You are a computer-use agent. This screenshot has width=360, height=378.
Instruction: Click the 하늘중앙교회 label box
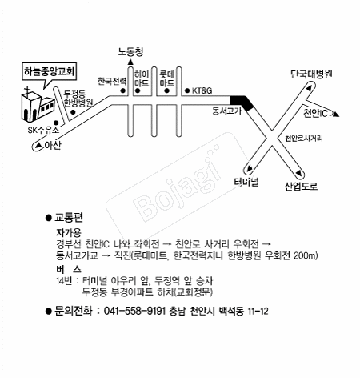pyautogui.click(x=50, y=71)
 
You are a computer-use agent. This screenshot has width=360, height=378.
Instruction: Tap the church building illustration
pyautogui.click(x=38, y=107)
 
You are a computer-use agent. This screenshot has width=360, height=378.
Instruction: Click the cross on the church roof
pyautogui.click(x=27, y=90)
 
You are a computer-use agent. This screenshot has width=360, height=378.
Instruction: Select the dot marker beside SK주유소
pyautogui.click(x=56, y=123)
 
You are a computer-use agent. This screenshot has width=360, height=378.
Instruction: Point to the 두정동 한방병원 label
pyautogui.click(x=78, y=99)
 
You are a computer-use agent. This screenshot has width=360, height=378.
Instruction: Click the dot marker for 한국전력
pyautogui.click(x=123, y=90)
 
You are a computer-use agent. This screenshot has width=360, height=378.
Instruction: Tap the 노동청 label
pyautogui.click(x=130, y=51)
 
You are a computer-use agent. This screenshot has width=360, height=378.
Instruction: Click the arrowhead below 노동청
pyautogui.click(x=130, y=62)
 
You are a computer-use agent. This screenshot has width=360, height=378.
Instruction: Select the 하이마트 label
pyautogui.click(x=142, y=78)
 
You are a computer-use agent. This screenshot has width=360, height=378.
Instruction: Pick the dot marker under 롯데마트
pyautogui.click(x=167, y=90)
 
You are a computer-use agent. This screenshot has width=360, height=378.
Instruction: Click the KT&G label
pyautogui.click(x=202, y=90)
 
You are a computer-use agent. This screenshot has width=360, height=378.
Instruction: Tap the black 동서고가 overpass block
pyautogui.click(x=242, y=103)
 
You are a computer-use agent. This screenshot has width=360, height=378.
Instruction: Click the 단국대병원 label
pyautogui.click(x=311, y=74)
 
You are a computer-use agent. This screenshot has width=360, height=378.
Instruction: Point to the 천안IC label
pyautogui.click(x=315, y=114)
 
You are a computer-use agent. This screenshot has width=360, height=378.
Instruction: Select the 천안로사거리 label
pyautogui.click(x=304, y=139)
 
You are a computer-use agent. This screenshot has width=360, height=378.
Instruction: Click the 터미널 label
pyautogui.click(x=246, y=182)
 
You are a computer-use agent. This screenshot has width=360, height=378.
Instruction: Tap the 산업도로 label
pyautogui.click(x=301, y=186)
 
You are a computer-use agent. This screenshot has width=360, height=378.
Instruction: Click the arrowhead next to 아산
pyautogui.click(x=39, y=145)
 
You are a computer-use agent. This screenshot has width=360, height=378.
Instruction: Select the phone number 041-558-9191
pyautogui.click(x=134, y=311)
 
